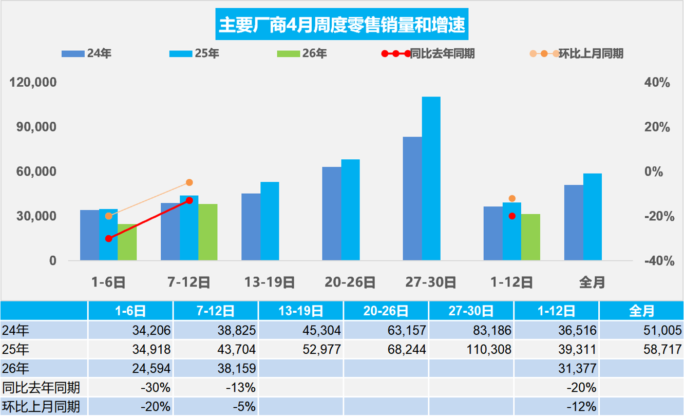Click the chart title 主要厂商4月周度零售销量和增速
point(342,25)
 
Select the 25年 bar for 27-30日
point(431,178)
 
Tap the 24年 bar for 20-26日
point(332,214)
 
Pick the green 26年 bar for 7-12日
point(208,232)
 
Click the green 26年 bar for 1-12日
point(530,237)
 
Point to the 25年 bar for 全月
point(592,217)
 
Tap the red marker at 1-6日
point(108,238)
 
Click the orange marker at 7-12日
point(189,182)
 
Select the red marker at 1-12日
point(511,216)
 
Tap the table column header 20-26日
point(386,311)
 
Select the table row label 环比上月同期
point(41,406)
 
